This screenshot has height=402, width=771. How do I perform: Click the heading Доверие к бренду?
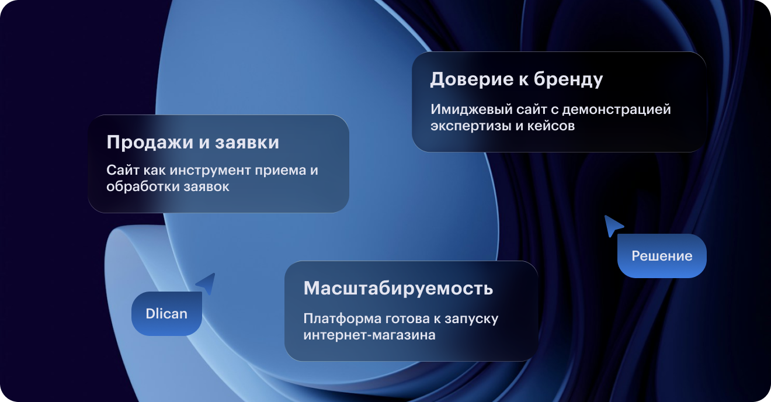coord(516,80)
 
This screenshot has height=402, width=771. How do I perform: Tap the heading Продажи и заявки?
coord(193,143)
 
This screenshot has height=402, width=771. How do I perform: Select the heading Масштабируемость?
coord(398,289)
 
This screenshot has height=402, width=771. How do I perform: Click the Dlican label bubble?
coord(166,314)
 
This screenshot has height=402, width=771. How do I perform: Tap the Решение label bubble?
coord(662,256)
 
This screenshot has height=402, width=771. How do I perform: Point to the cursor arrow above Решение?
coord(613,226)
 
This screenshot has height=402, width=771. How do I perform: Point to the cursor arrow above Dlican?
coord(207,283)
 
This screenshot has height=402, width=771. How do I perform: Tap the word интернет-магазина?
coord(369,335)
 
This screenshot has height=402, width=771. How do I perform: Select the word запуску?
coord(471,319)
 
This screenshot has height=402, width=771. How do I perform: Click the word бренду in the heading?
coord(568,80)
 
